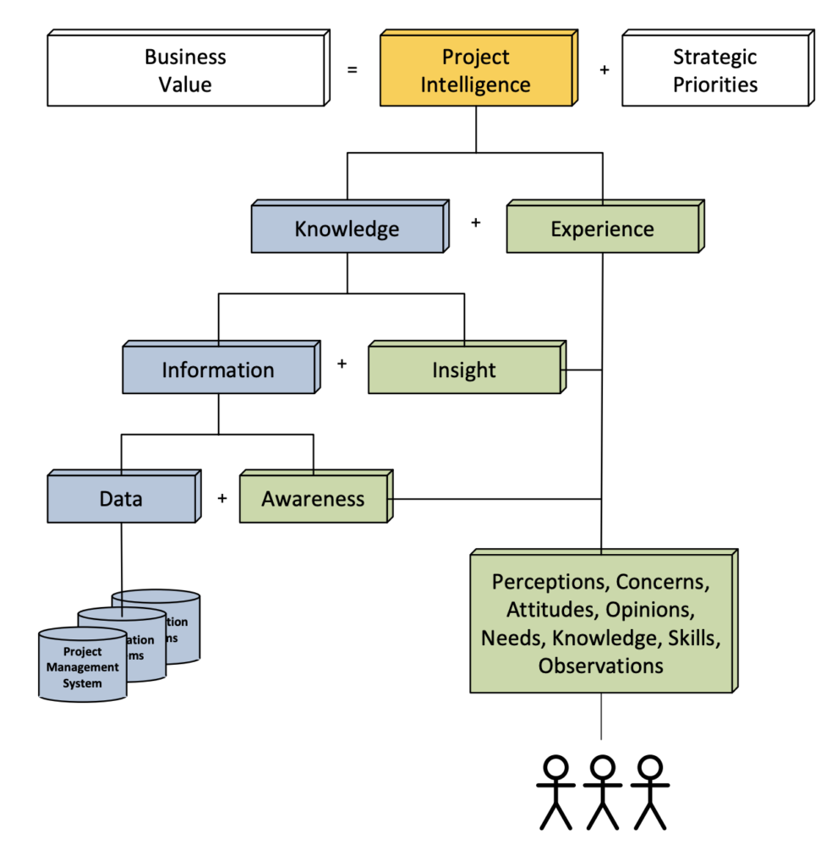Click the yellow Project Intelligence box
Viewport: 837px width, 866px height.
tap(475, 71)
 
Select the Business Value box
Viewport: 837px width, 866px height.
tap(185, 71)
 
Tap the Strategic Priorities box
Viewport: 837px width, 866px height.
tap(715, 71)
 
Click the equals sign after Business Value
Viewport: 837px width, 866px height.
tap(352, 70)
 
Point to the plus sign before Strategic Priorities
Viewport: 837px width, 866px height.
tap(604, 70)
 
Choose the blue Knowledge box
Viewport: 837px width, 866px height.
tap(347, 229)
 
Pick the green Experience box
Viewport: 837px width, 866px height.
tap(602, 229)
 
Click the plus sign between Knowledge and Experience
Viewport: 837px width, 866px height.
tap(475, 222)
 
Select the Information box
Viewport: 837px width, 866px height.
tap(218, 370)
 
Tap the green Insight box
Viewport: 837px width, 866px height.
tap(464, 370)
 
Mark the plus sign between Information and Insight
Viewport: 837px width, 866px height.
tap(342, 364)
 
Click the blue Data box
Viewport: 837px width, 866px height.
tap(121, 499)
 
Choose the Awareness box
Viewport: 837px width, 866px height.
tap(313, 499)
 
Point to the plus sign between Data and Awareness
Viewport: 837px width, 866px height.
tap(222, 498)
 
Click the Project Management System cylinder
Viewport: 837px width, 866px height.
tap(82, 667)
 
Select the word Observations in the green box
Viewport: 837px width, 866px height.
tap(600, 666)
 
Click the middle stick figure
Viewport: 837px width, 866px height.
tap(602, 792)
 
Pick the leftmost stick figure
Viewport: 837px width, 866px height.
tap(555, 792)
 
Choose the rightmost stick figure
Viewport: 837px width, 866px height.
tap(649, 792)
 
